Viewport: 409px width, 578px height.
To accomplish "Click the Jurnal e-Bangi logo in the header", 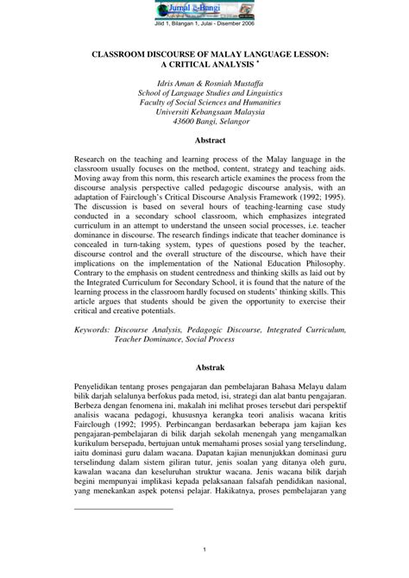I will click(x=204, y=10).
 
